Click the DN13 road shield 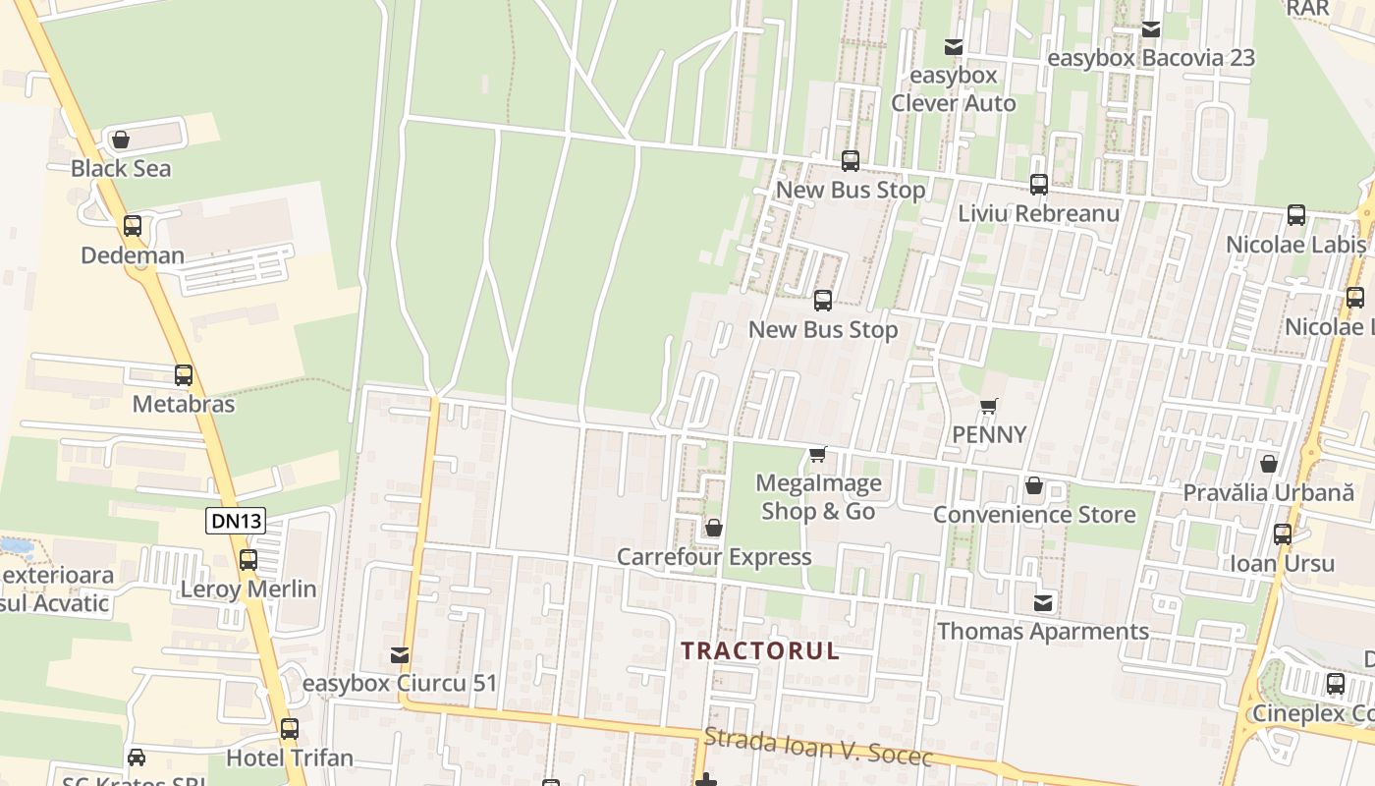click(237, 521)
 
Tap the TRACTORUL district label click(760, 650)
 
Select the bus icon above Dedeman click(133, 226)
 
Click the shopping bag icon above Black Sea click(121, 140)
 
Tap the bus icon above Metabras click(184, 375)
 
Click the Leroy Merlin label click(248, 589)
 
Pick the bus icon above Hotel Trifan click(289, 729)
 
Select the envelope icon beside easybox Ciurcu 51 click(400, 655)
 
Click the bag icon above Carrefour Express click(714, 529)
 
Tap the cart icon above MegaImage click(817, 454)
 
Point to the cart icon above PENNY click(989, 406)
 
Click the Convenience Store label click(1034, 514)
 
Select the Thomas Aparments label click(1043, 631)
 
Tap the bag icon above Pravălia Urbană click(1269, 464)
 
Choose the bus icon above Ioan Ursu click(1283, 534)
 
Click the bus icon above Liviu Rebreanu click(1039, 184)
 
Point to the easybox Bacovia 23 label click(1151, 58)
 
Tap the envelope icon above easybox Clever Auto click(953, 46)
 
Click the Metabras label click(184, 404)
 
